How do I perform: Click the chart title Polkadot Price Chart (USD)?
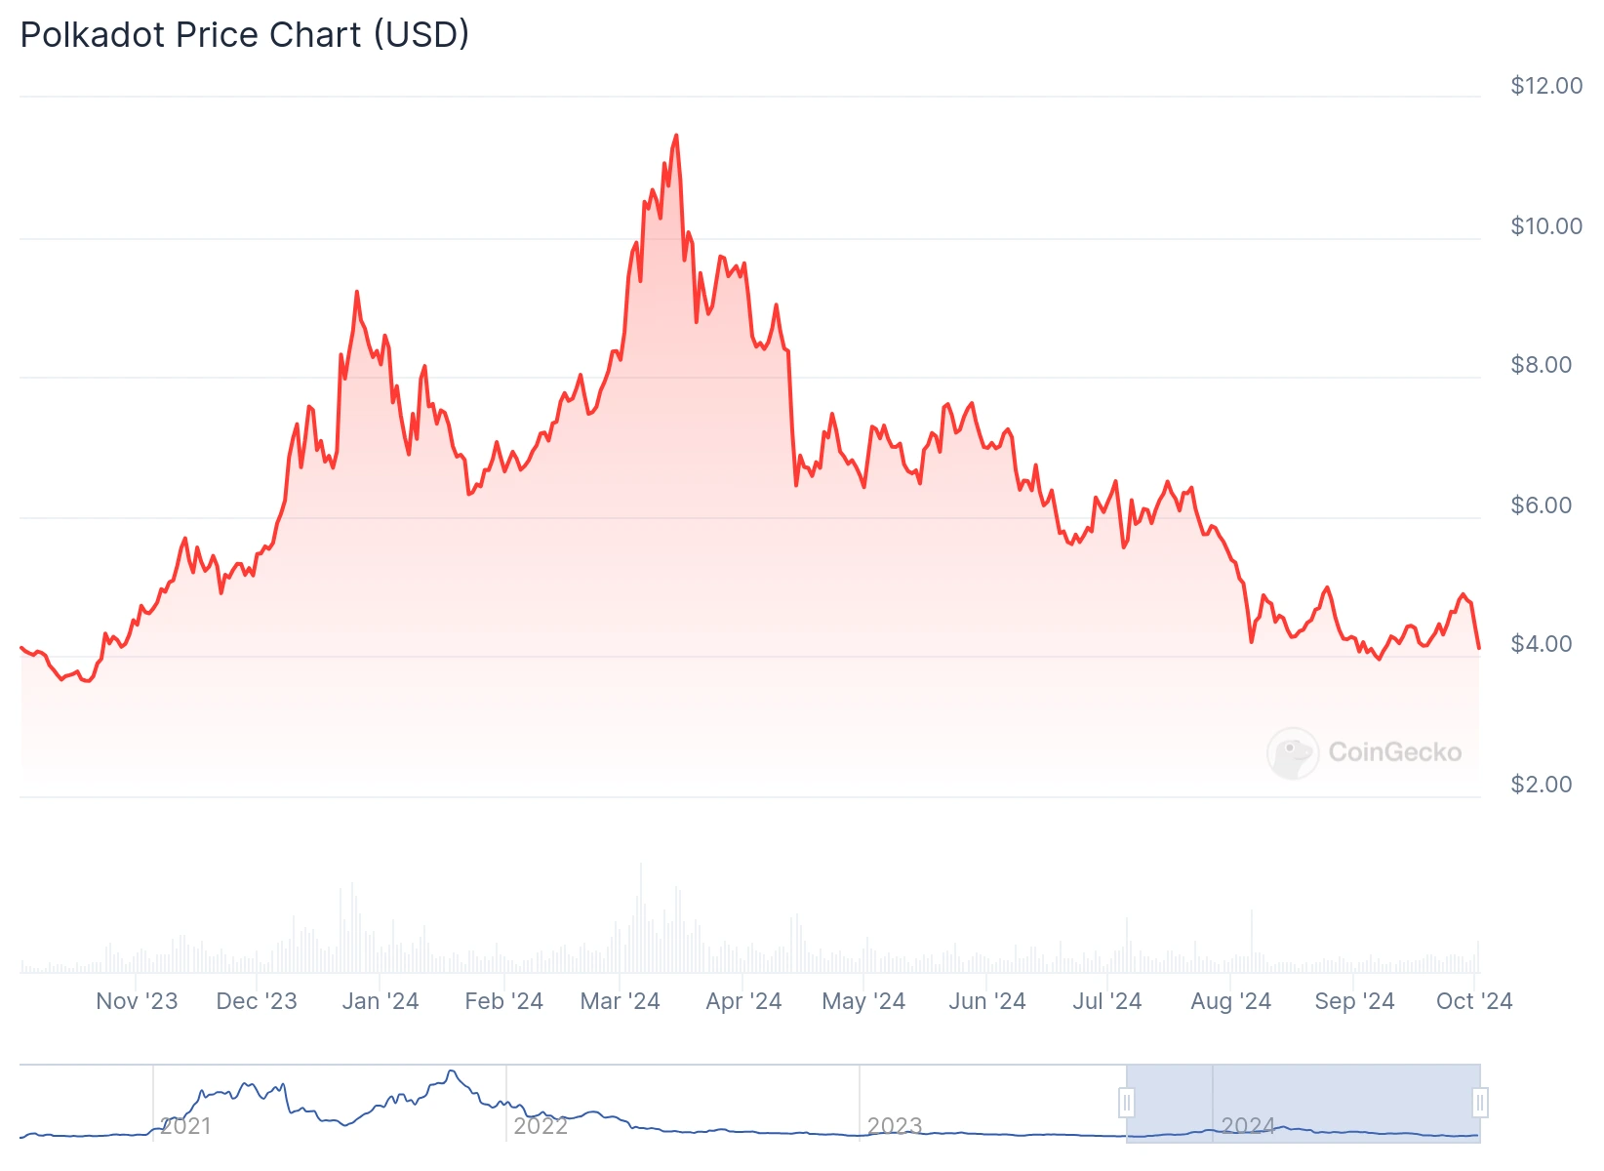tap(245, 35)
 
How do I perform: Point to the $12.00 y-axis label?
tap(1545, 86)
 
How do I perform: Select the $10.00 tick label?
tap(1545, 226)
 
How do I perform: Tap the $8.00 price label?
tap(1541, 365)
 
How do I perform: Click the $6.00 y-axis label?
tap(1541, 505)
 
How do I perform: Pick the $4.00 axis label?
tap(1541, 644)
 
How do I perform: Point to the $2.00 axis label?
tap(1541, 785)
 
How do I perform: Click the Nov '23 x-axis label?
tap(137, 1001)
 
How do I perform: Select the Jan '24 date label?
tap(380, 1001)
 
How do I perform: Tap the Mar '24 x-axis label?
tap(620, 1001)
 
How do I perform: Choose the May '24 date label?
tap(863, 1001)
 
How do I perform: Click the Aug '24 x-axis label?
tap(1230, 1001)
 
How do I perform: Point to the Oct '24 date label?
tap(1473, 1001)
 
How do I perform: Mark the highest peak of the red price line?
tap(676, 137)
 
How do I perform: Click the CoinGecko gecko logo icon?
tap(1292, 752)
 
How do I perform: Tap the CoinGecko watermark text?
tap(1394, 752)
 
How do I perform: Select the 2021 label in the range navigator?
tap(185, 1126)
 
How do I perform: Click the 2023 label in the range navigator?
tap(894, 1126)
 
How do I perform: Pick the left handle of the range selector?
tap(1127, 1104)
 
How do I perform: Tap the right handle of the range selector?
tap(1479, 1104)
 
